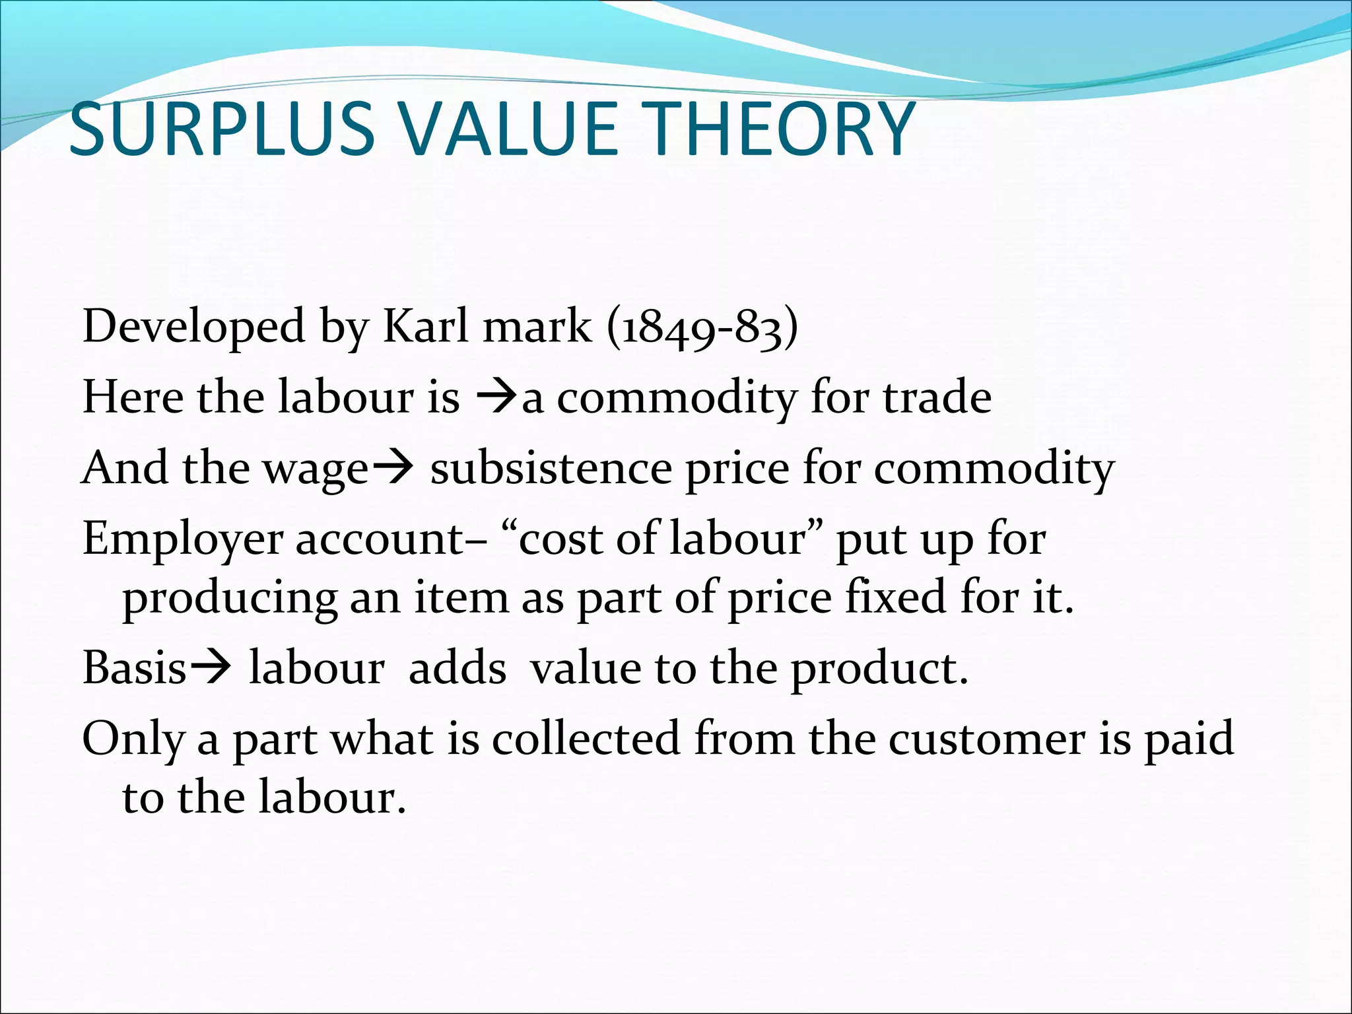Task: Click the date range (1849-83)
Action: (702, 327)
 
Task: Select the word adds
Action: (457, 668)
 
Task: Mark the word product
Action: (879, 669)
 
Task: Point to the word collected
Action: (586, 739)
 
